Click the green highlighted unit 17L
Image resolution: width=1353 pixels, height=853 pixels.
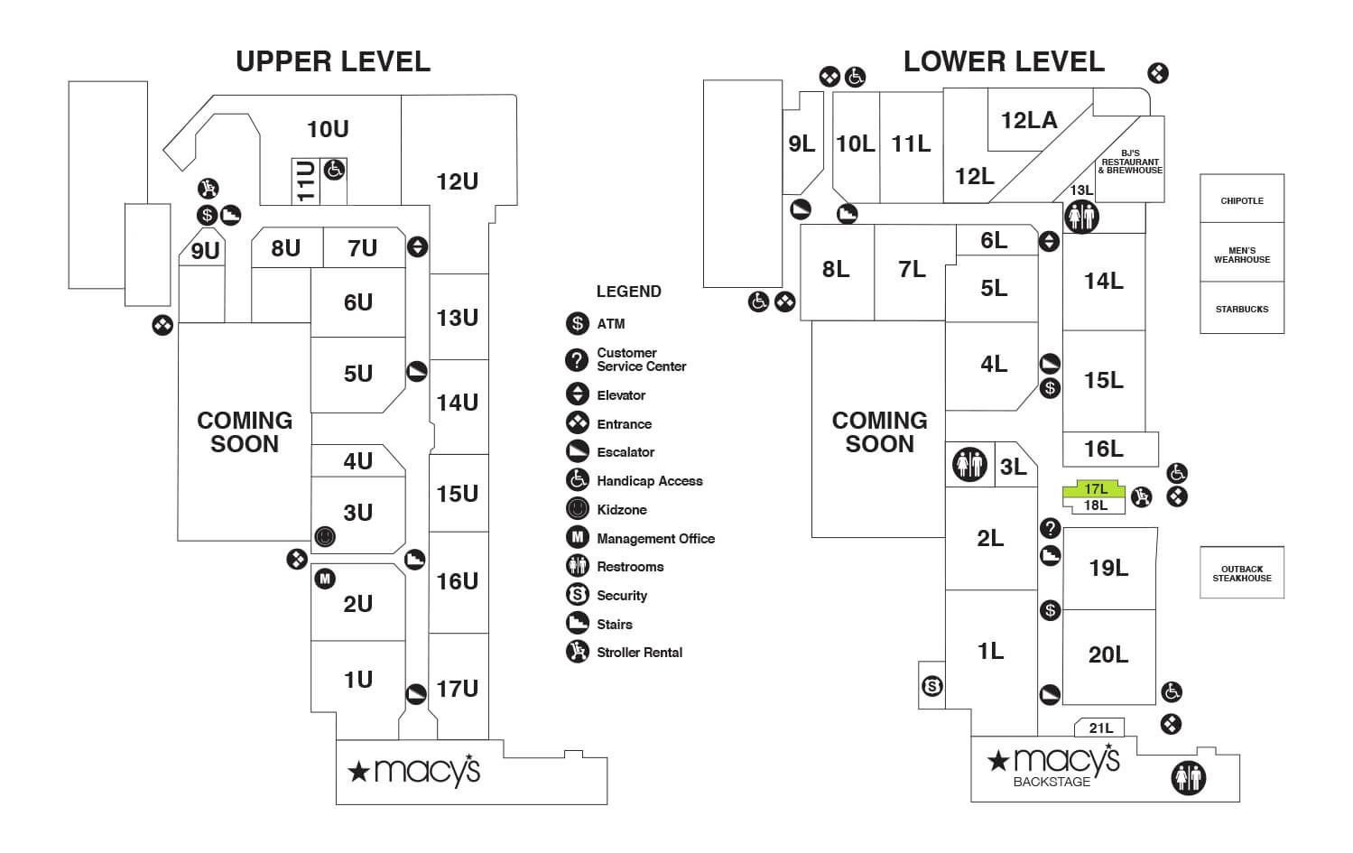coord(1094,489)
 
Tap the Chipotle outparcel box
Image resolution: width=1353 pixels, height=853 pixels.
coord(1241,200)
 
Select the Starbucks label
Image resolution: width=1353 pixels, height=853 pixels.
coord(1241,309)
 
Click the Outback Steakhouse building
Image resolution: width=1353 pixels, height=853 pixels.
coord(1241,572)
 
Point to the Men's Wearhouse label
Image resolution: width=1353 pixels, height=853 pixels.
coord(1241,255)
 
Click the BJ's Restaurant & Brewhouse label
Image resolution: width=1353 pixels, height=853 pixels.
coord(1129,162)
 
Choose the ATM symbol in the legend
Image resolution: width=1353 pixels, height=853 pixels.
coord(577,323)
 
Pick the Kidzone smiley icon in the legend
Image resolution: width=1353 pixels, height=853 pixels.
coord(577,509)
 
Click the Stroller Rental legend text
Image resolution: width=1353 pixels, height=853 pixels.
coord(639,652)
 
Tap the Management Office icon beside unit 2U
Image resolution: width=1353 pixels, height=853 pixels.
coord(325,579)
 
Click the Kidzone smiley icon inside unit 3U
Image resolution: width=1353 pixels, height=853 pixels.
coord(325,537)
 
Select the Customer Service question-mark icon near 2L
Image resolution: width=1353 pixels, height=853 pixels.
coord(1050,528)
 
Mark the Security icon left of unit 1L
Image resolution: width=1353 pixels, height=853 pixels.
coord(932,687)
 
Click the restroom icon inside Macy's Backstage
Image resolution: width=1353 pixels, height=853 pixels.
coord(1188,777)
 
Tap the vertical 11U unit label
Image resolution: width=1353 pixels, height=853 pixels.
coord(305,181)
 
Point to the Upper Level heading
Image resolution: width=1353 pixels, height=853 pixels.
coord(332,61)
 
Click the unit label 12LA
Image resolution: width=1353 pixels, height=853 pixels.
coord(1028,120)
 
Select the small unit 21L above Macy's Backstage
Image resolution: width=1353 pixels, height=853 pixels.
coord(1100,728)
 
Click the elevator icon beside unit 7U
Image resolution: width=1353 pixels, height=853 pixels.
coord(417,246)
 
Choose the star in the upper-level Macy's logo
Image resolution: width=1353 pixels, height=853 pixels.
coord(358,772)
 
